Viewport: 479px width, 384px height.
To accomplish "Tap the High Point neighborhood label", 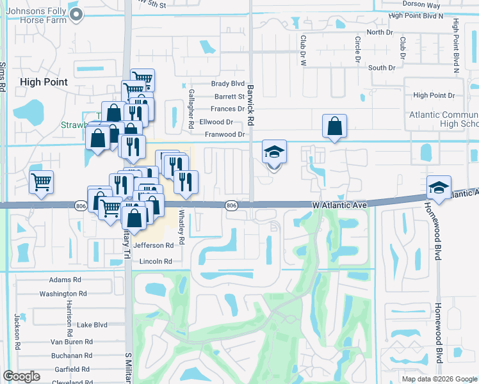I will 44,82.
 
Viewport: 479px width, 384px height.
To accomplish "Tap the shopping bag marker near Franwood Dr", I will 335,127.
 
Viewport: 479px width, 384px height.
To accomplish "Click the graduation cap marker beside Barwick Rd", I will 274,154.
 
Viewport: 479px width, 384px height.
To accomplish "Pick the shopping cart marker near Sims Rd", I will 42,182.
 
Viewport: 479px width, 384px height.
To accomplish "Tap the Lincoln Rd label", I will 156,261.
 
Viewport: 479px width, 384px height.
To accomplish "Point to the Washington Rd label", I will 63,294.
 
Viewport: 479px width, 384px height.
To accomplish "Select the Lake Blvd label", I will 92,324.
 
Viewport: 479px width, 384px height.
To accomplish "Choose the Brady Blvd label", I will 228,84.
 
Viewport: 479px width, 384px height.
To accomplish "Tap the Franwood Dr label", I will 225,134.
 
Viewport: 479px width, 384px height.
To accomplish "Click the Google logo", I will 22,376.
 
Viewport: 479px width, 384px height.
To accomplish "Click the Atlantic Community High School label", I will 442,119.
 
